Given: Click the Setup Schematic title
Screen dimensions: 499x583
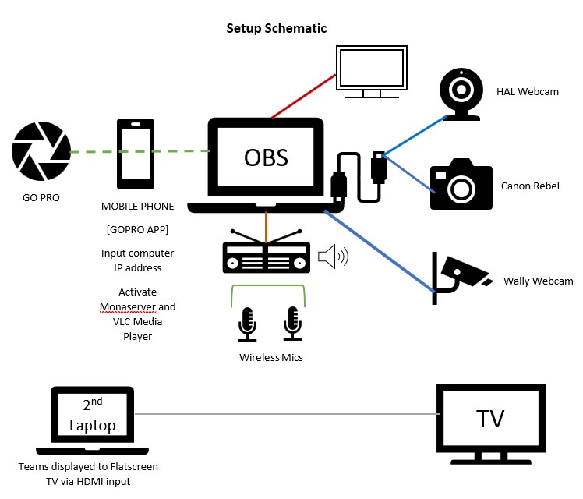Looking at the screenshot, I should (x=276, y=28).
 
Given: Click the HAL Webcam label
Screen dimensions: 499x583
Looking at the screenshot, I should (x=528, y=92).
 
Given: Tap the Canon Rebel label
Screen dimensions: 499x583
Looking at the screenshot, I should (x=530, y=186).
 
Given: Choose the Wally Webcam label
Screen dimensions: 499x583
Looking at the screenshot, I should (x=538, y=281).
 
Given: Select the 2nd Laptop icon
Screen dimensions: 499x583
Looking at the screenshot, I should (x=92, y=422).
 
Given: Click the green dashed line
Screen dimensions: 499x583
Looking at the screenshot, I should (x=141, y=151).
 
